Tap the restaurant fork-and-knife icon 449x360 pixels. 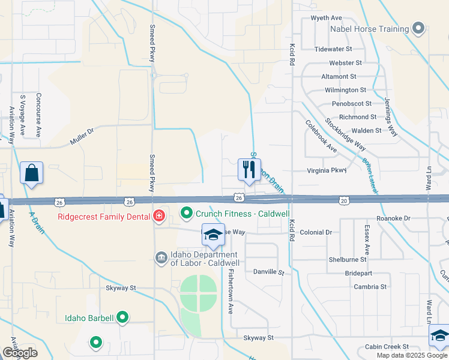[x=249, y=170]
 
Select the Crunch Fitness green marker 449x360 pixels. [x=187, y=214]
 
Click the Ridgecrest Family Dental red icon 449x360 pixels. [x=159, y=216]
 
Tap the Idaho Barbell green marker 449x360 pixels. [x=122, y=317]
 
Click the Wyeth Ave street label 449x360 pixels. [x=326, y=18]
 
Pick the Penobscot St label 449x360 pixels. [x=352, y=104]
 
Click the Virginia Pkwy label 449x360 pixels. [x=327, y=170]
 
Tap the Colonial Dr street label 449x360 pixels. [x=316, y=232]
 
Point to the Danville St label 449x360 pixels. [x=268, y=272]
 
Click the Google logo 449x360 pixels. [x=20, y=353]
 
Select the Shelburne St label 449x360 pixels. [x=347, y=260]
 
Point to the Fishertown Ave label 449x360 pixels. [x=230, y=290]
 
